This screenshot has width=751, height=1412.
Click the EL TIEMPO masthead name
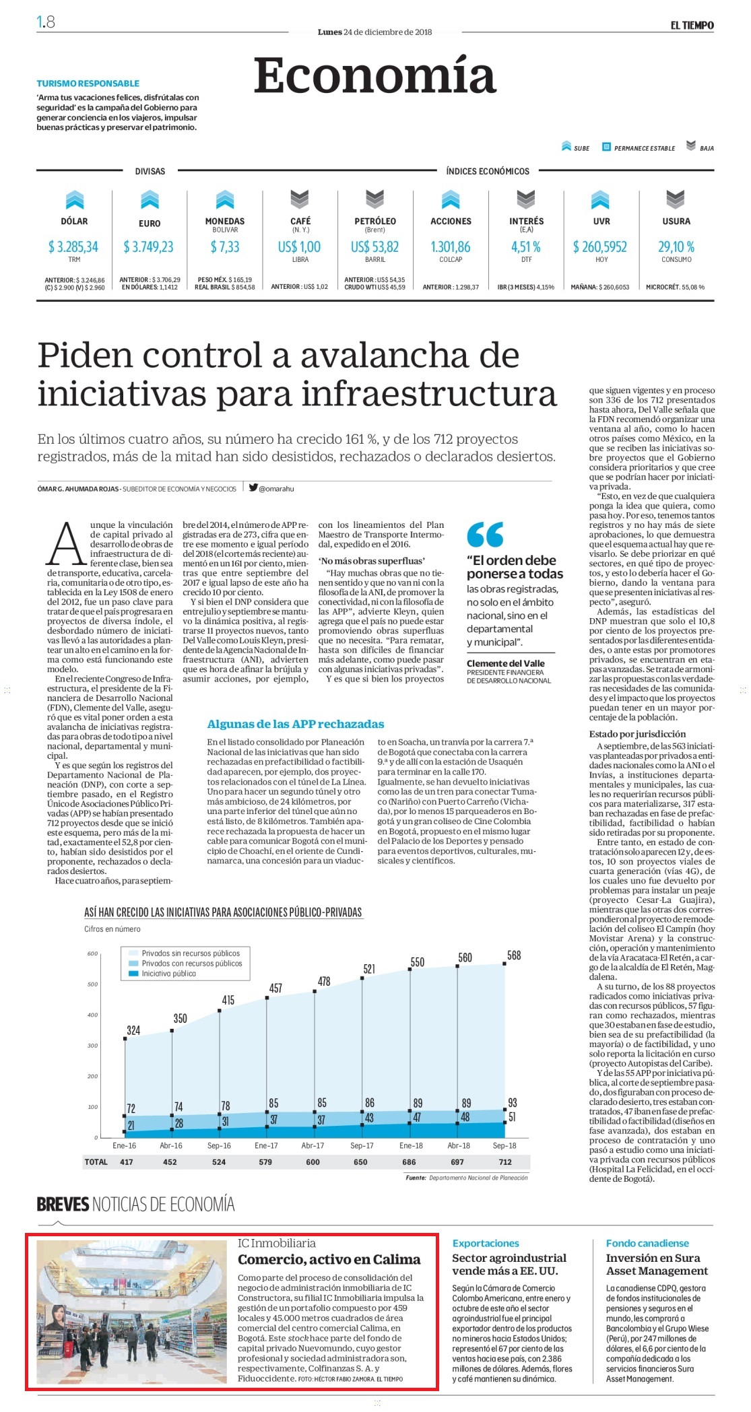pos(692,25)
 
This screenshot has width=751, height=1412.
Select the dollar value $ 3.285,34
pos(73,247)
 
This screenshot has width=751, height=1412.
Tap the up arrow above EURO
pos(150,200)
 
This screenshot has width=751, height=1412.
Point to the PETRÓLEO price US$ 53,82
pos(374,247)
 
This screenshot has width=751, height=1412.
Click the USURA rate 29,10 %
pos(676,247)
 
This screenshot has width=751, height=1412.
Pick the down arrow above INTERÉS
pos(526,199)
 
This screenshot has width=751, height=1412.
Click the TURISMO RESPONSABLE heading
pos(88,83)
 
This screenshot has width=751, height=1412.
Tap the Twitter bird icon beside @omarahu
pos(253,488)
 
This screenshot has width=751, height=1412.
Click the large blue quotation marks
pos(485,535)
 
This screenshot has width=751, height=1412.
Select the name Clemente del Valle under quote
pos(506,663)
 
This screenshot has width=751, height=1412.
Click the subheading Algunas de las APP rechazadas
pos(296,724)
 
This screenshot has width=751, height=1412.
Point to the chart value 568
pos(514,955)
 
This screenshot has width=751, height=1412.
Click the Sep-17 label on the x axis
pos(362,1145)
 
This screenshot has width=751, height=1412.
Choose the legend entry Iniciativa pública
pos(168,974)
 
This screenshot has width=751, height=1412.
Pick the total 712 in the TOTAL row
pos(505,1162)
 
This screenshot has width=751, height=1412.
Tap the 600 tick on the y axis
pos(93,953)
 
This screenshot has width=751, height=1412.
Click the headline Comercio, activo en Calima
pos(329,1259)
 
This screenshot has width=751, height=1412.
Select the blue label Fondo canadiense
pos(647,1243)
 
